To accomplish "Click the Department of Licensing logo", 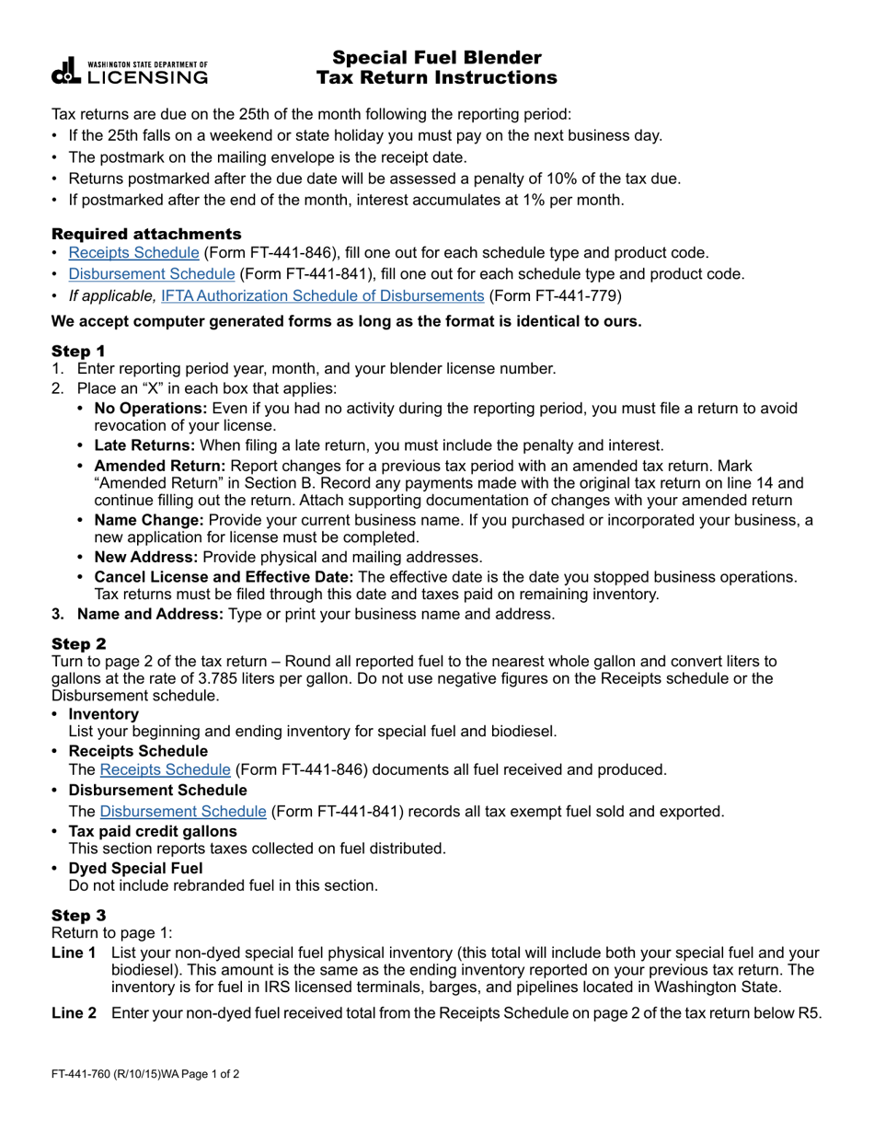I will pos(130,72).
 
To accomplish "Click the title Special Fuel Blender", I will pos(436,58).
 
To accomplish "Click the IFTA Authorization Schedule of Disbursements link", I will pos(322,295).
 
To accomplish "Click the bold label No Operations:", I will pos(151,409).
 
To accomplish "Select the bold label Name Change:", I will pos(147,521).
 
